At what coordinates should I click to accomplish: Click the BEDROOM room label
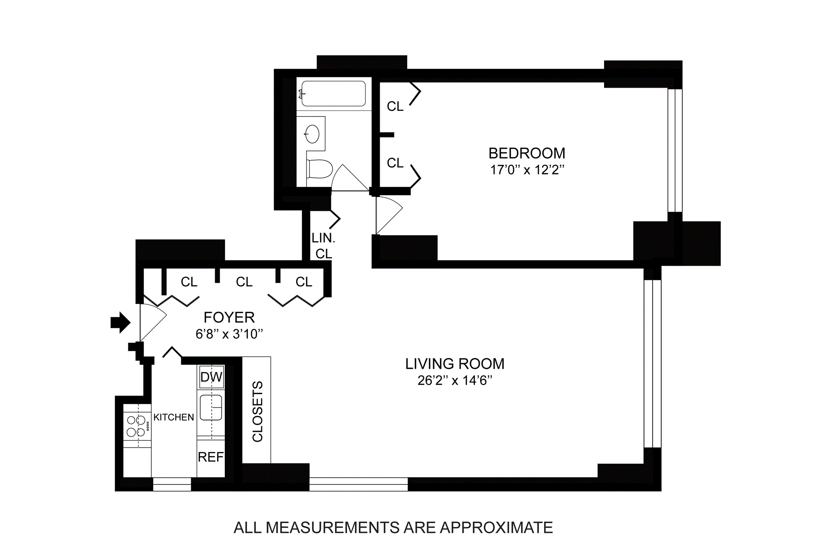pos(527,153)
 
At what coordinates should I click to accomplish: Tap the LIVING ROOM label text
pos(454,364)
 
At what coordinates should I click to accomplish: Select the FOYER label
pos(229,317)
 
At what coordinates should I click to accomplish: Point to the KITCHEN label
pos(174,417)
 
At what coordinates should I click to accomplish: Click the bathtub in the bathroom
pos(333,93)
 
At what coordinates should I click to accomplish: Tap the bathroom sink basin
pos(312,134)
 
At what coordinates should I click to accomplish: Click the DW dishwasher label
pos(211,377)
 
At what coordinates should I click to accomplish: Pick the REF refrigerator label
pos(211,457)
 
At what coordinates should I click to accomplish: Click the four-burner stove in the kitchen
pos(137,426)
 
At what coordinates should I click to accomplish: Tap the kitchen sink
pos(211,408)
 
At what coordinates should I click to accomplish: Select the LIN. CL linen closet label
pos(324,246)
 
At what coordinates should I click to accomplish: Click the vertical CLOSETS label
pos(257,411)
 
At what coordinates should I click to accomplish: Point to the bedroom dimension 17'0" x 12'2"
pos(527,170)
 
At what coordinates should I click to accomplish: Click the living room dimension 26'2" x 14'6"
pos(455,380)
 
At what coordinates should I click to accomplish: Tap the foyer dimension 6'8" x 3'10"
pos(229,334)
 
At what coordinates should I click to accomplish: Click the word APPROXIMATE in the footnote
pos(496,528)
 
